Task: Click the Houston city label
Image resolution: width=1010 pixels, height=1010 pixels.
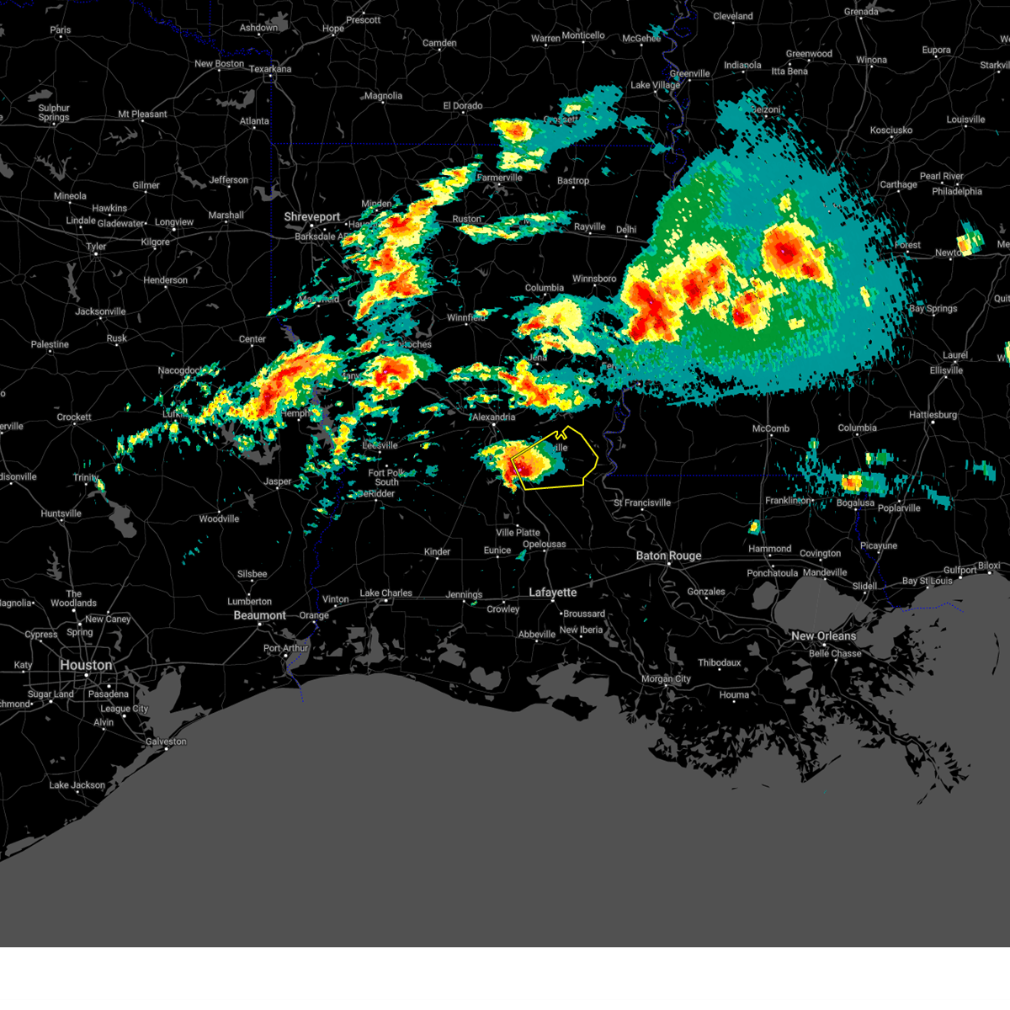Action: coord(86,665)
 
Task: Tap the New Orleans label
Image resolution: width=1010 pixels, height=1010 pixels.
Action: coord(823,635)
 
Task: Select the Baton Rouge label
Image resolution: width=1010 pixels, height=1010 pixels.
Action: coord(668,555)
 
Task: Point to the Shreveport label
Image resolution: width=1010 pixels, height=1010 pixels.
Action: coord(311,216)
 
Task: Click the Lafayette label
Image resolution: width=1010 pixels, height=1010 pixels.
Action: coord(552,593)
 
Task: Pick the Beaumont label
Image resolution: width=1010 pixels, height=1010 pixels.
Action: coord(259,615)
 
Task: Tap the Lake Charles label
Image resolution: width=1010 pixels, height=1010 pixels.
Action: coord(385,593)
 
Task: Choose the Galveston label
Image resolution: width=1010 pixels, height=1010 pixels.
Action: coord(166,742)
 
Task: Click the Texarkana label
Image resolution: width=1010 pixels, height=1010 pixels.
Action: coord(269,69)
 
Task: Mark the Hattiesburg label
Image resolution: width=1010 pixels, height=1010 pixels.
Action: coord(933,415)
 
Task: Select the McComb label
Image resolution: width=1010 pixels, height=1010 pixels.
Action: coord(770,428)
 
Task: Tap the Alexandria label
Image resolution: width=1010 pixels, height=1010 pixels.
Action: coord(493,417)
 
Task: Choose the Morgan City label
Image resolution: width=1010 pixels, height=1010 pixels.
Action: coord(666,678)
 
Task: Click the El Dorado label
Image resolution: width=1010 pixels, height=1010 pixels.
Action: coord(462,106)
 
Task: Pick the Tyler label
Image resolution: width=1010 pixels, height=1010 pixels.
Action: coord(96,247)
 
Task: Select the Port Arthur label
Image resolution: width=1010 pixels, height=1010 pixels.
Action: coord(285,648)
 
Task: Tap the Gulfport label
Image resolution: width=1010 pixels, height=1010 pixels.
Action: coord(959,570)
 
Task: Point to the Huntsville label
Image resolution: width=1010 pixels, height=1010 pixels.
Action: coord(61,513)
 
